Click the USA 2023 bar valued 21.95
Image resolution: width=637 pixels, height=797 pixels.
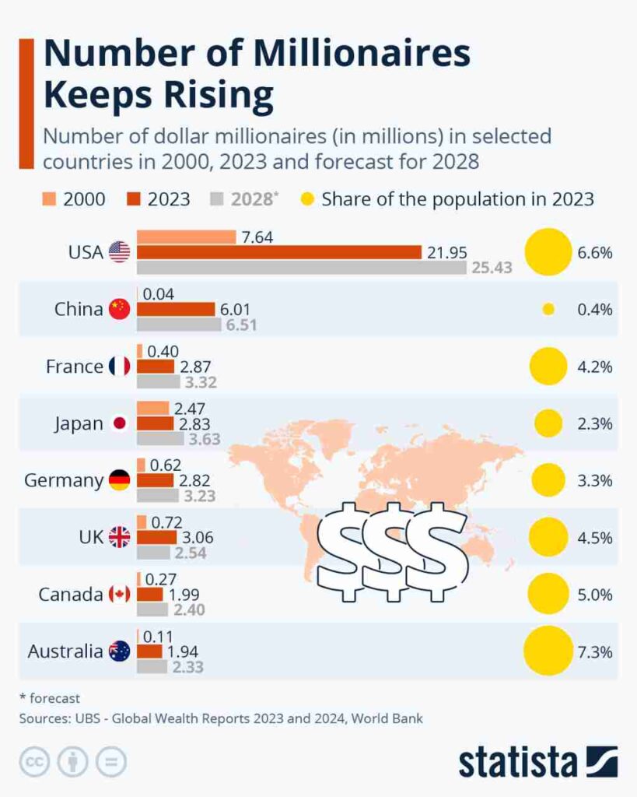[x=279, y=252]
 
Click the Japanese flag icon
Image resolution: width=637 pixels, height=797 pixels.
[x=119, y=423]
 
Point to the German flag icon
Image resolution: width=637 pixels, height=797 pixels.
[x=119, y=480]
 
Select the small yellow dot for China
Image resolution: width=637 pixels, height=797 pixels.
[x=548, y=309]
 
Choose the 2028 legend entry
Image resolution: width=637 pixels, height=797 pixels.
[x=243, y=198]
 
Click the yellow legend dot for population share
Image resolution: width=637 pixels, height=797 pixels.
[x=308, y=198]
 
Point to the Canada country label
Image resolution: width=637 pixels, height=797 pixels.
[x=71, y=595]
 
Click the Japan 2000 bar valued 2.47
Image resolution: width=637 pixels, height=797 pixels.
[x=152, y=408]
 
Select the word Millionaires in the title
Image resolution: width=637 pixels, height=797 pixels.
[x=341, y=54]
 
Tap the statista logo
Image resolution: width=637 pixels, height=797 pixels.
[x=537, y=760]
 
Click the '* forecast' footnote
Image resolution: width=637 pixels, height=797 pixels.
[x=50, y=698]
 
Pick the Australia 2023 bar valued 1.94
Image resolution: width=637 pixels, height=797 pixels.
[x=150, y=651]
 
